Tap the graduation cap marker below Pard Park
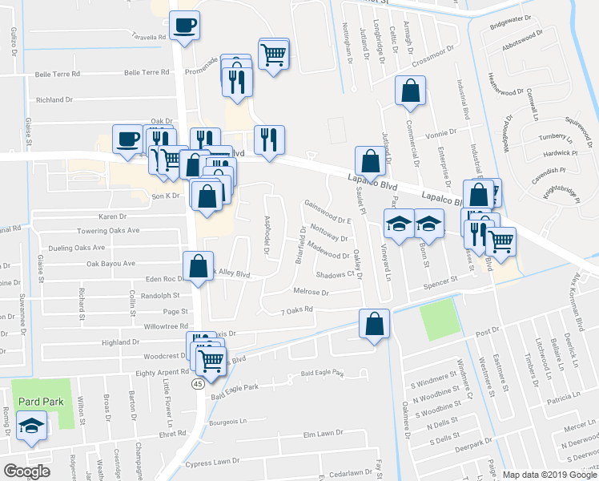point(31,426)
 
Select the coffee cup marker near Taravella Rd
point(185,26)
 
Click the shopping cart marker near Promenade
point(274,55)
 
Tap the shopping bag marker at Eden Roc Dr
point(198,267)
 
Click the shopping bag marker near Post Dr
point(374,324)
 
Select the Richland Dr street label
point(54,100)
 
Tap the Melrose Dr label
point(312,293)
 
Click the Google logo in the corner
point(26,471)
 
